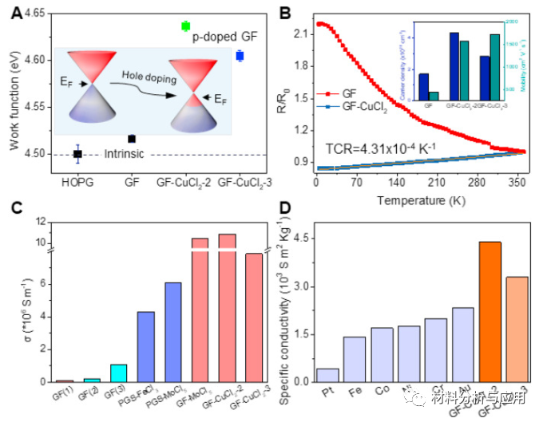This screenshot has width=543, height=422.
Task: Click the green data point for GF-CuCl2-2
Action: click(186, 26)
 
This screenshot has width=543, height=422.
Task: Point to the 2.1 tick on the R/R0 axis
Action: click(302, 34)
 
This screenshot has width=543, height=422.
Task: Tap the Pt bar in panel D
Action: click(327, 375)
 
